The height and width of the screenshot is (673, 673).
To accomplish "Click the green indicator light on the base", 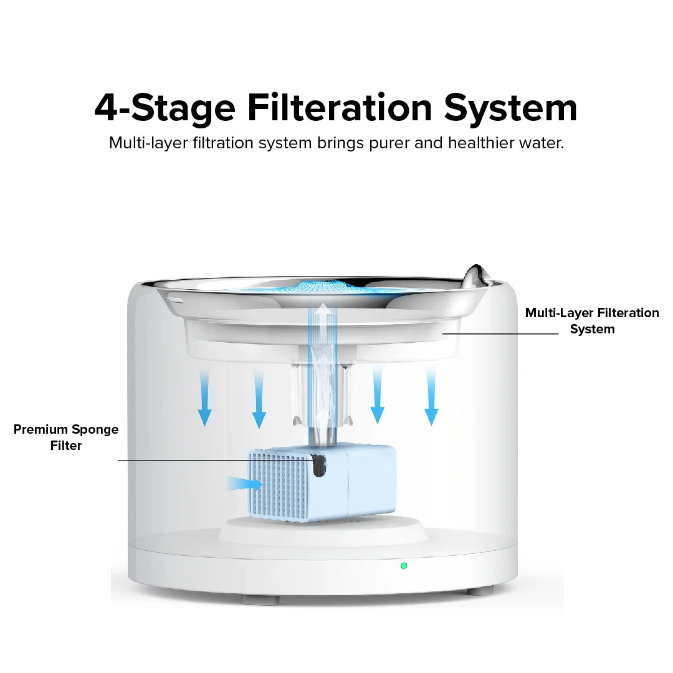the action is pos(403,566).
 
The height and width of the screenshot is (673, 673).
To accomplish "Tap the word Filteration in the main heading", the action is pos(340,108).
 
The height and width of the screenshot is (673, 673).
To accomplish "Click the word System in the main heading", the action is pos(510,108).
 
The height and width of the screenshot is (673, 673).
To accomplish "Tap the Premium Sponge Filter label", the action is pos(66,437).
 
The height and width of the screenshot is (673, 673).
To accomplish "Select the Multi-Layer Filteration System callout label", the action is pos(592,321).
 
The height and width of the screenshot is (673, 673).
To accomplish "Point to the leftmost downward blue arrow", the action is pos(205,398).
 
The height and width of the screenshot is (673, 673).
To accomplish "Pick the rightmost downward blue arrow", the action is pos(431,396).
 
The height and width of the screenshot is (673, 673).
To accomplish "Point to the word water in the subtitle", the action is pos(541,143).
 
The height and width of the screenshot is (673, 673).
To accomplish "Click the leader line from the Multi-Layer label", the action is pos(500,333).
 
